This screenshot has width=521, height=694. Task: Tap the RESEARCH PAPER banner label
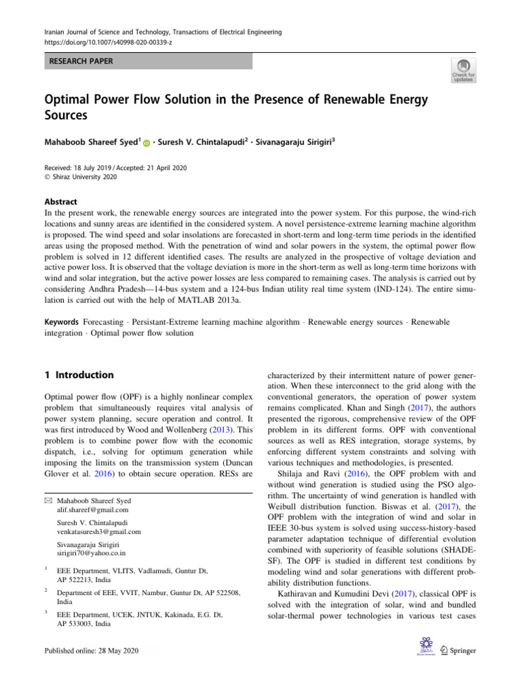point(80,62)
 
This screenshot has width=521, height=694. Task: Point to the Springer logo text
point(462,651)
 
